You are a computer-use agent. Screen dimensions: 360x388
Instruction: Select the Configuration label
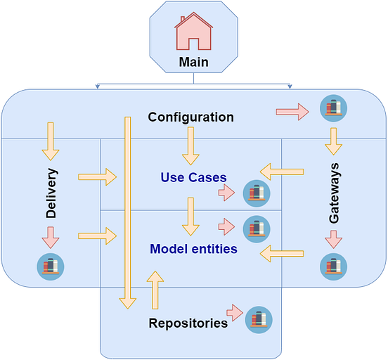point(190,117)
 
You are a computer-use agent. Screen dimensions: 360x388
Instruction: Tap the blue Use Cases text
point(193,177)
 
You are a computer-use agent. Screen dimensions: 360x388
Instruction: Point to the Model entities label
point(193,249)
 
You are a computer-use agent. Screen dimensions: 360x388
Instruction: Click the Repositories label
point(188,323)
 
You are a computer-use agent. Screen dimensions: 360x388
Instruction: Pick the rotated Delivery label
point(51,193)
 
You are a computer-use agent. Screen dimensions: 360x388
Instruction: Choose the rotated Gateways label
point(335,194)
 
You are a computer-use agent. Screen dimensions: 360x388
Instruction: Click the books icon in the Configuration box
point(333,108)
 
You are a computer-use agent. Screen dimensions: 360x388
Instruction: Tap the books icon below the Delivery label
point(50,266)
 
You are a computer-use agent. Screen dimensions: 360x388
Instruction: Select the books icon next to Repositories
point(259,320)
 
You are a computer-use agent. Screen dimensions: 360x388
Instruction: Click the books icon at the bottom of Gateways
point(333,267)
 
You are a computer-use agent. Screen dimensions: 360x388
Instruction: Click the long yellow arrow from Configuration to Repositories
point(127,211)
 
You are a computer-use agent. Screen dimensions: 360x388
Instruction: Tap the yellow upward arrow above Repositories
point(155,290)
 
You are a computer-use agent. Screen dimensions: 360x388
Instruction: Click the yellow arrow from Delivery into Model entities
point(97,236)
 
